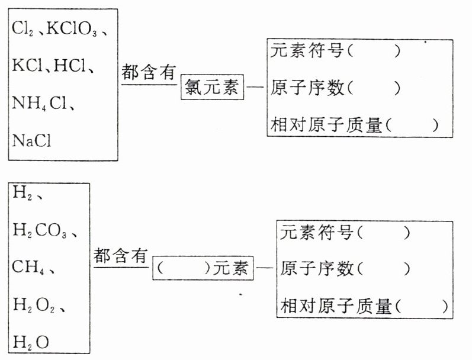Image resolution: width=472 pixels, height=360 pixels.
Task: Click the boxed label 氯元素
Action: coord(211,89)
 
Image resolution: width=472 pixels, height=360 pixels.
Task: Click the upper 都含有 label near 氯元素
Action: coord(149,72)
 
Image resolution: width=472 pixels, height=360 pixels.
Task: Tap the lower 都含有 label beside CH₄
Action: coord(120,256)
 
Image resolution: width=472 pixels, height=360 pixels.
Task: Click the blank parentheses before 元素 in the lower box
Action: coord(184,268)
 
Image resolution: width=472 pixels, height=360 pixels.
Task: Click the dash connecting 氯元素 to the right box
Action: coord(255,89)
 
